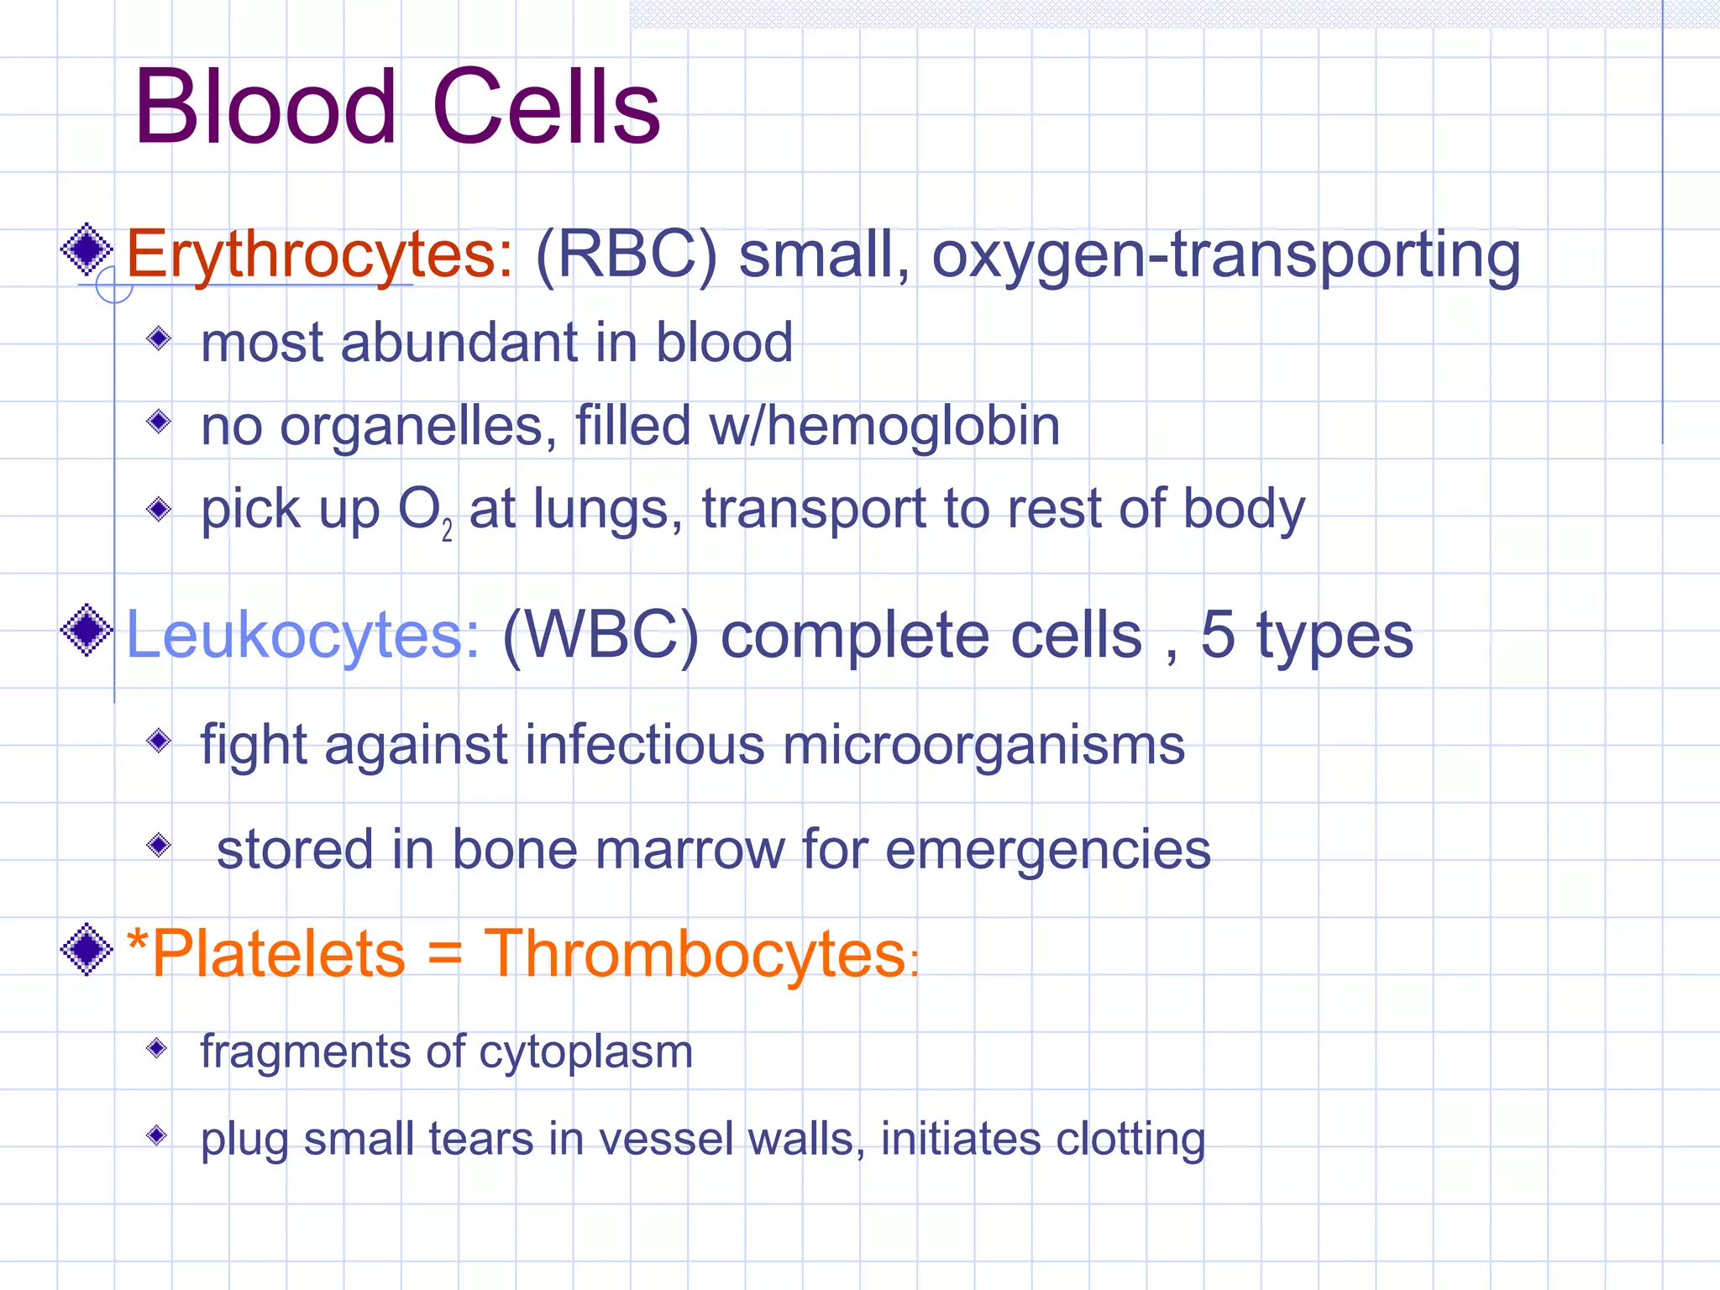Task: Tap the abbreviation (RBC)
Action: [626, 254]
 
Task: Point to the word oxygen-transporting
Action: [1225, 254]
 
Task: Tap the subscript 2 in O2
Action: [447, 531]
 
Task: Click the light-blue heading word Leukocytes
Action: [303, 635]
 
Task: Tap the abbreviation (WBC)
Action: [600, 635]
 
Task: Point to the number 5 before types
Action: [1218, 635]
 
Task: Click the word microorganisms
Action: [983, 746]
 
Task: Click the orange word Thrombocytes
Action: [695, 954]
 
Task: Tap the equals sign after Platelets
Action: [444, 956]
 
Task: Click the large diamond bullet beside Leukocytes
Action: [87, 630]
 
